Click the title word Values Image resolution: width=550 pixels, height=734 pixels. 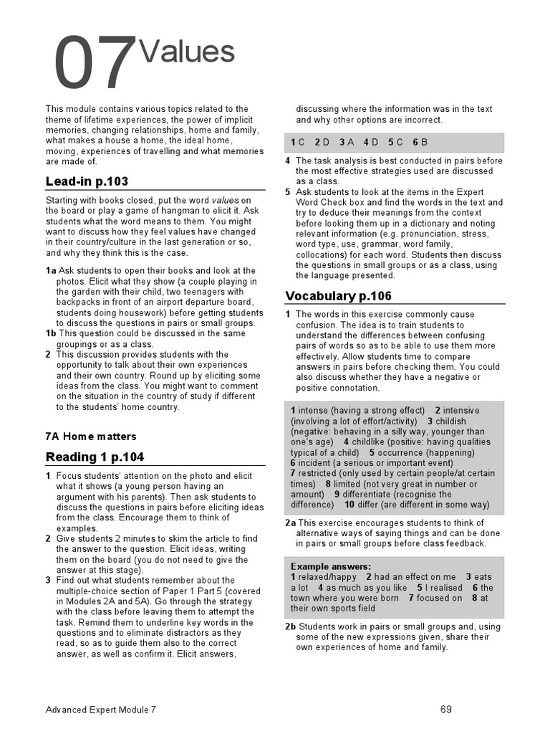pos(188,52)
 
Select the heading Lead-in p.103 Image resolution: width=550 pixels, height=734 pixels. pos(87,181)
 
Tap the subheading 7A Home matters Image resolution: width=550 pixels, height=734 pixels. pos(90,436)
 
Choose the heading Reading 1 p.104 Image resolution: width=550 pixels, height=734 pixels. pos(95,457)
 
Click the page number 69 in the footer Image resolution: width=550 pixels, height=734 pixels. pos(446,710)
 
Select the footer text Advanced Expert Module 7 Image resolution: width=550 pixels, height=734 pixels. pos(100,710)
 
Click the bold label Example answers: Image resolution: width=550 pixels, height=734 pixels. pos(331,566)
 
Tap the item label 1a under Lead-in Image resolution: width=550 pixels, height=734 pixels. pos(50,270)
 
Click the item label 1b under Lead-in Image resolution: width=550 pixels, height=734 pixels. pos(50,333)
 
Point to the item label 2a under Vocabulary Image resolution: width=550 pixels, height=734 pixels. pos(290,523)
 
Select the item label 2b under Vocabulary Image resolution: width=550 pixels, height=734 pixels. pos(290,626)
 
